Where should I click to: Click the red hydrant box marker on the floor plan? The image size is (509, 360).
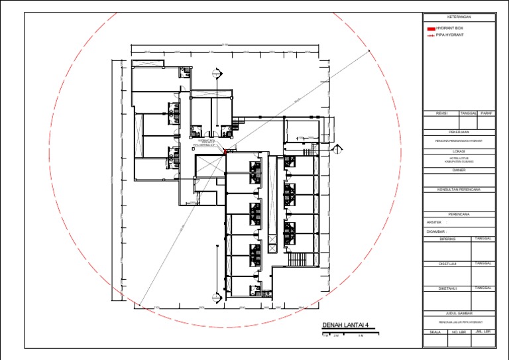(x=225, y=151)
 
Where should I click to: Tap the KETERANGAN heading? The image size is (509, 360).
(x=459, y=17)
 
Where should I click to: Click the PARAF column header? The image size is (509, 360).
(x=487, y=113)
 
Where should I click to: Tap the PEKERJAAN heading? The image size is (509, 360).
(x=459, y=132)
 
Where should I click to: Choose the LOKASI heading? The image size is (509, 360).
(x=459, y=151)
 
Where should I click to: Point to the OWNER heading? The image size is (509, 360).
(x=459, y=170)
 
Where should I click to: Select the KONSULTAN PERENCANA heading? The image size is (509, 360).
(x=459, y=189)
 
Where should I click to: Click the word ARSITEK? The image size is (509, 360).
(x=434, y=222)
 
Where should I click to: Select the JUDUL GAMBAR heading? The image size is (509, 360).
(x=459, y=313)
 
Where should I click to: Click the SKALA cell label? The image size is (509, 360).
(x=435, y=331)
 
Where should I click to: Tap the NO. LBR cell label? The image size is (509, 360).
(x=458, y=331)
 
